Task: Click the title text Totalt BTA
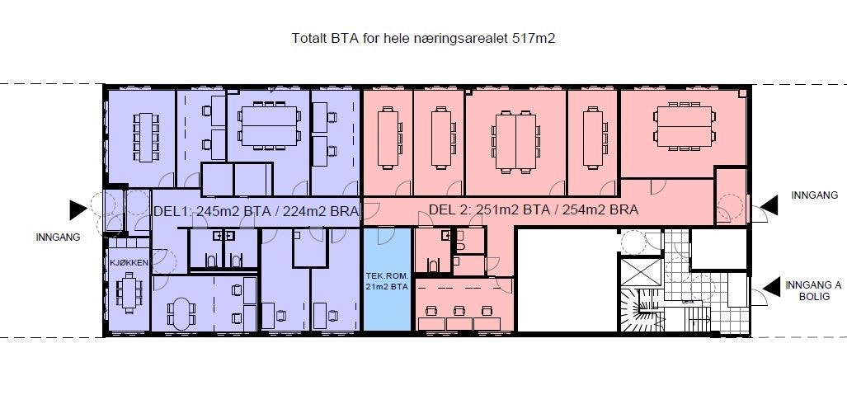tap(324, 38)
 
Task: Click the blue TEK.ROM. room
tap(387, 280)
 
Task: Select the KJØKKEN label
tap(128, 262)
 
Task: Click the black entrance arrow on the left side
tap(78, 210)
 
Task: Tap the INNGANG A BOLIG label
tap(813, 291)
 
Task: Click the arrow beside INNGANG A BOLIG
tap(772, 287)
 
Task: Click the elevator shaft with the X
tap(641, 272)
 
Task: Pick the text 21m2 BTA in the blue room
tap(387, 286)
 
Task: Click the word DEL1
tap(172, 211)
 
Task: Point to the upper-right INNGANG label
tap(814, 195)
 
